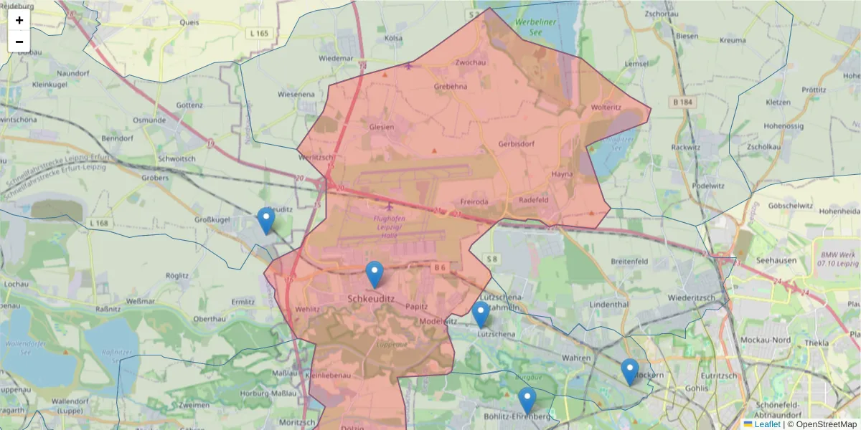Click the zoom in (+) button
tap(19, 20)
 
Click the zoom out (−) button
tap(19, 42)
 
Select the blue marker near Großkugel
tap(266, 221)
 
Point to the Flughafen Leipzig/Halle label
tap(391, 221)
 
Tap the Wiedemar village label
tap(336, 57)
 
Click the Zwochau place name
tap(471, 62)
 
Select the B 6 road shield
tap(440, 267)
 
